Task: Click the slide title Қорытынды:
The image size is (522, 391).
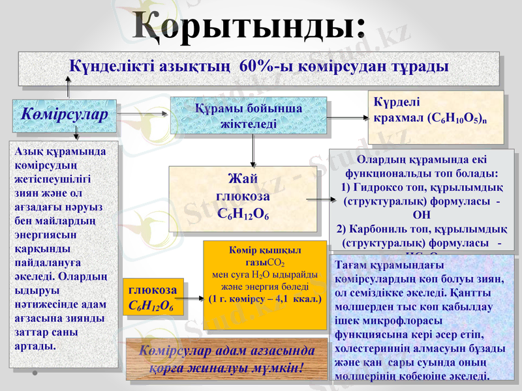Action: click(x=249, y=26)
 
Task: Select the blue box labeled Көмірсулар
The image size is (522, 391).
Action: click(x=64, y=114)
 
